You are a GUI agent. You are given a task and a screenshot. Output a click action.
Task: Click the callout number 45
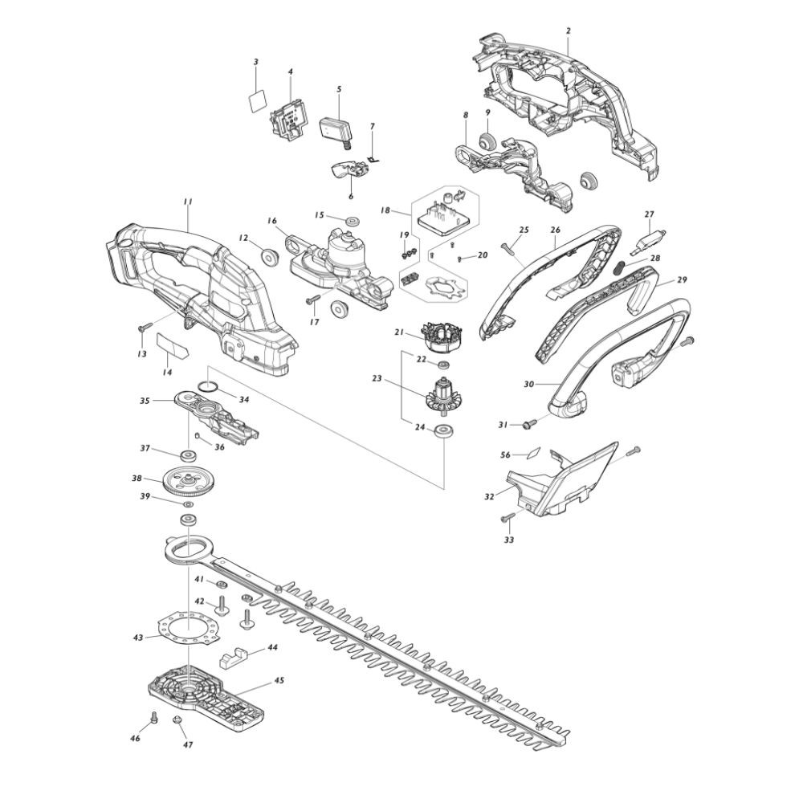[x=279, y=681]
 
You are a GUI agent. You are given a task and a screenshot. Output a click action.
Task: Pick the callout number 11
[x=187, y=202]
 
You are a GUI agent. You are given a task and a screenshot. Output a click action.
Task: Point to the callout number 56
[x=505, y=454]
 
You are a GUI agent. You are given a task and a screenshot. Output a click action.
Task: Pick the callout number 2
[x=568, y=31]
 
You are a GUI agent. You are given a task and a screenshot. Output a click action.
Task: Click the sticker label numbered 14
[x=172, y=346]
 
